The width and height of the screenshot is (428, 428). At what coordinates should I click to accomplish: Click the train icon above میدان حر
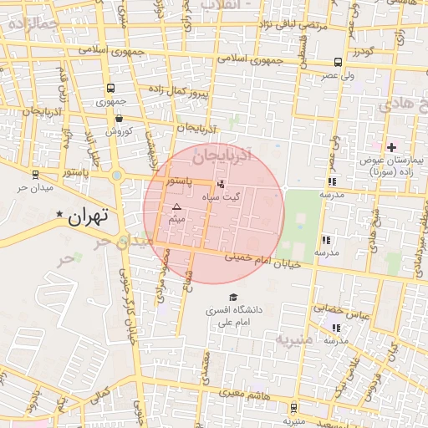[x=35, y=175]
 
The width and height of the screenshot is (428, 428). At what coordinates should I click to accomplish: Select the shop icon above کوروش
[x=119, y=118]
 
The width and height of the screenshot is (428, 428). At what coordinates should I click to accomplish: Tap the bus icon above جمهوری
[x=110, y=89]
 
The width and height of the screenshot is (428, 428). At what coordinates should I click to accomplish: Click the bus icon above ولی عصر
[x=337, y=62]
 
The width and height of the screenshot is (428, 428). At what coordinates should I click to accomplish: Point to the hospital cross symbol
[x=391, y=147]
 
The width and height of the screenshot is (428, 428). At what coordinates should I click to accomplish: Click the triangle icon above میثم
[x=176, y=206]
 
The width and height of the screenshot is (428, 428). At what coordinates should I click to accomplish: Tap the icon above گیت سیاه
[x=221, y=183]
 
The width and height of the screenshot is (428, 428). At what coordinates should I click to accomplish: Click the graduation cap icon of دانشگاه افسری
[x=233, y=297]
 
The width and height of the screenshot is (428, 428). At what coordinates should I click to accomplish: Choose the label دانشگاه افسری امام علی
[x=234, y=315]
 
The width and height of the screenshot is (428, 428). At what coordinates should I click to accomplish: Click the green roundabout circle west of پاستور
[x=117, y=176]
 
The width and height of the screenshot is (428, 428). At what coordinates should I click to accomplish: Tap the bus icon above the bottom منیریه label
[x=293, y=407]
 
